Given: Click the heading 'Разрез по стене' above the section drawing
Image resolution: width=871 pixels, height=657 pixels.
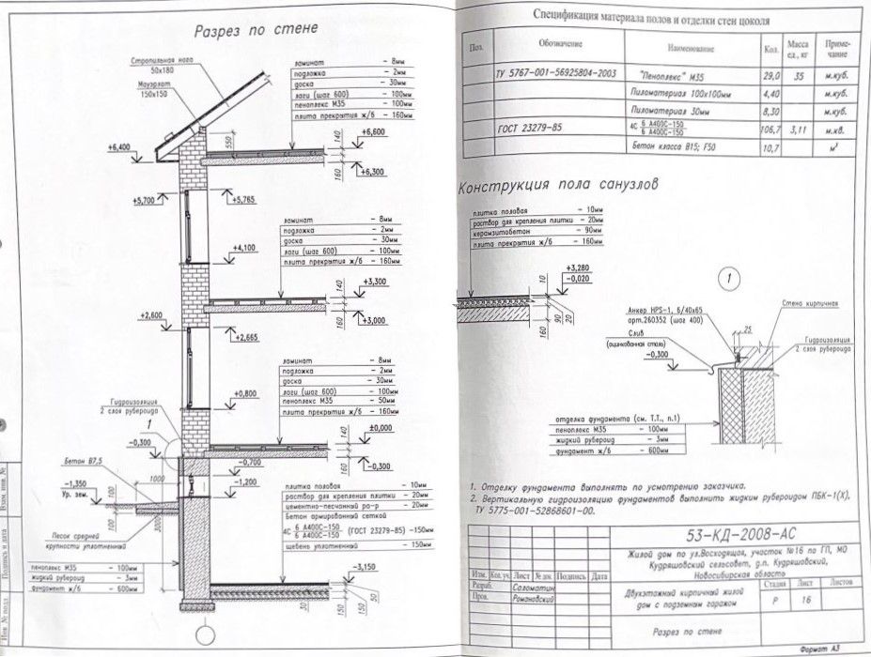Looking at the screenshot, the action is [x=257, y=30].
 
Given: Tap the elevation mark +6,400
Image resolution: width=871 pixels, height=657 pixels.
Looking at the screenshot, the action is [x=118, y=147].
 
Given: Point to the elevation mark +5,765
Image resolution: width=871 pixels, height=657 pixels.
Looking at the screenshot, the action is [x=242, y=199].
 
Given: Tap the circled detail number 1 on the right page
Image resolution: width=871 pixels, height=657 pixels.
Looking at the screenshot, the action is [x=730, y=278].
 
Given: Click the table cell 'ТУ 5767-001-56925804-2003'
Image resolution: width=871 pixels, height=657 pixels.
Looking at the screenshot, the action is [x=555, y=72].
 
